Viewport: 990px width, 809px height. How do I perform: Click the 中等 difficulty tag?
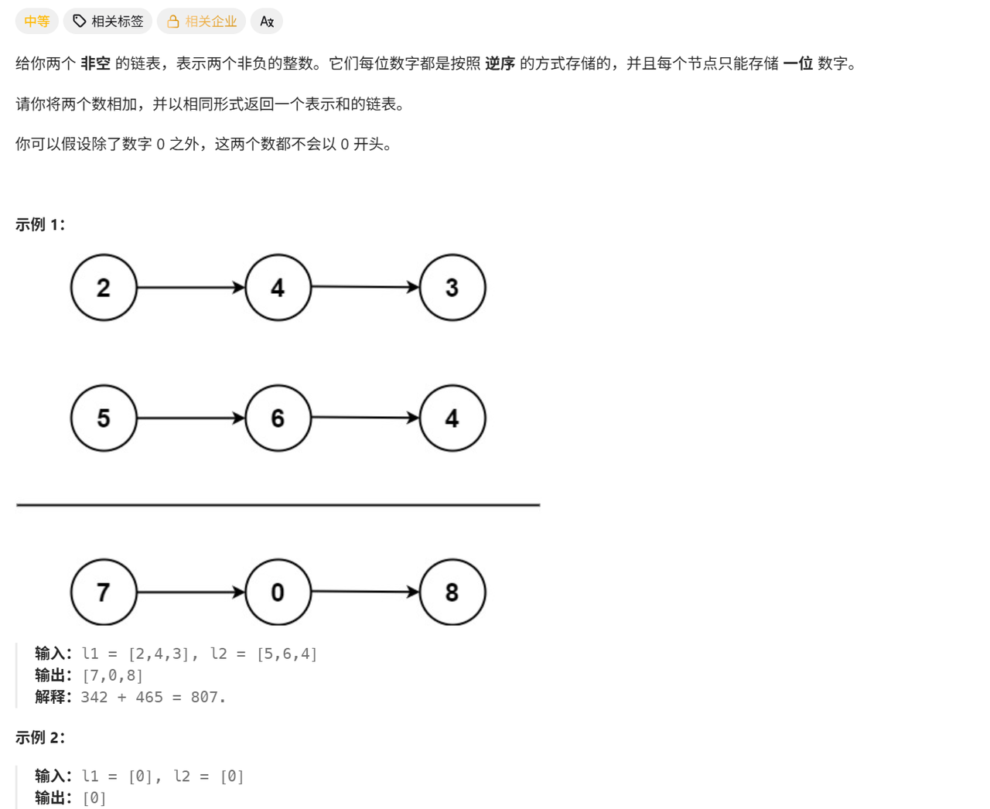pos(36,22)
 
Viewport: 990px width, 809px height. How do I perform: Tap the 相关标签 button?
pos(108,22)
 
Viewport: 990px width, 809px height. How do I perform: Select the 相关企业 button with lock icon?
pos(201,22)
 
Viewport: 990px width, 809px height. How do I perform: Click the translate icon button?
pos(267,22)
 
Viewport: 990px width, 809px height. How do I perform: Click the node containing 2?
pos(104,288)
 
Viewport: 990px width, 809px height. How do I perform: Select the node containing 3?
pos(452,288)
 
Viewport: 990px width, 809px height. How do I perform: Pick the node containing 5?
pos(104,418)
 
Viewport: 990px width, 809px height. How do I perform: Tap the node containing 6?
pos(278,418)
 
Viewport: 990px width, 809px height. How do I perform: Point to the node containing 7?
pos(104,592)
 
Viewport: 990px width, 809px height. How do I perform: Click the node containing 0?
pos(278,592)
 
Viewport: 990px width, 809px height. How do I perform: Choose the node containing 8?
pos(452,592)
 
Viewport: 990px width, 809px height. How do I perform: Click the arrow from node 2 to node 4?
pos(191,288)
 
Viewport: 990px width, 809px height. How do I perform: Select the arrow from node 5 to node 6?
pos(191,418)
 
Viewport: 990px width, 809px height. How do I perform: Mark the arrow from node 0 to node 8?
pos(365,592)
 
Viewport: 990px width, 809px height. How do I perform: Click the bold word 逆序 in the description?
pos(500,63)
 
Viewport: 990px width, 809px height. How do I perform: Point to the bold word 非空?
pos(95,63)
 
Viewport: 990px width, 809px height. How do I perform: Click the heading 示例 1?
pos(40,224)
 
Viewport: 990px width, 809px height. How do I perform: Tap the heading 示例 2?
pos(40,738)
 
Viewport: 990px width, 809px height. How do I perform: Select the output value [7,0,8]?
pos(112,676)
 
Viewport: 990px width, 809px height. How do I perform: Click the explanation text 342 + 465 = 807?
pos(153,698)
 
